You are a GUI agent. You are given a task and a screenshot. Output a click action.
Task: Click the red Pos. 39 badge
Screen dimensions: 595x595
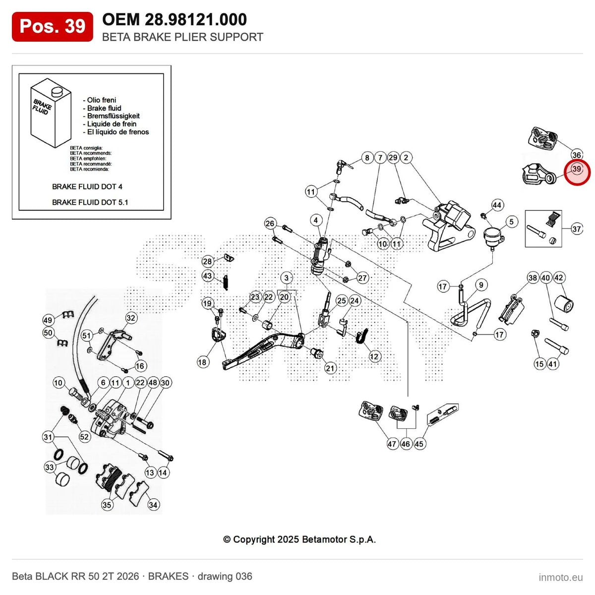coord(52,27)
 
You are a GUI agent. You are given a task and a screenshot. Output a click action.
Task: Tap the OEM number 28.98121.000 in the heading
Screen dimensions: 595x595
coord(196,19)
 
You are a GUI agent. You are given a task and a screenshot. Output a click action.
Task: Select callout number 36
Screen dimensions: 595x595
coord(577,154)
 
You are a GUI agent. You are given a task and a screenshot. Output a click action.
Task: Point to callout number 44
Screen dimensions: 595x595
coord(497,205)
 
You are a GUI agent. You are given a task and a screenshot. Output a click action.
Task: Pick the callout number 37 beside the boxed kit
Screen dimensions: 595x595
coord(577,229)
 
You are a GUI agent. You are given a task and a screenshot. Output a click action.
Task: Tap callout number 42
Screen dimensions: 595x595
coord(559,277)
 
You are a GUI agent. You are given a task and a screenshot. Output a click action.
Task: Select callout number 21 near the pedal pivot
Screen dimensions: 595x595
coord(330,368)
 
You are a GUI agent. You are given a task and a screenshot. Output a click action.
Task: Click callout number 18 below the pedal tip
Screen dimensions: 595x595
coord(203,362)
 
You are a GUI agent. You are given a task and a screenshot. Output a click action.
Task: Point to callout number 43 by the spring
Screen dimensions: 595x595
coord(207,275)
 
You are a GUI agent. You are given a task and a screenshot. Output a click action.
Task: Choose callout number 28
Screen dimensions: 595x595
coord(207,261)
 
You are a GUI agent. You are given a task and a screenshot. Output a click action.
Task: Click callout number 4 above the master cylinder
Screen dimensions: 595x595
coord(315,220)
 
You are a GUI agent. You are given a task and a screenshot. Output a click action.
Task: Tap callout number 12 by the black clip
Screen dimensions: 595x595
coord(374,357)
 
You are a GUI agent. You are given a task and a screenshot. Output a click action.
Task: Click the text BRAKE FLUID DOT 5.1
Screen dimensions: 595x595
coord(90,202)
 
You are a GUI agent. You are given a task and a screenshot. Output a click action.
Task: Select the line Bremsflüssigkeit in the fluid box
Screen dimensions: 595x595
coord(114,116)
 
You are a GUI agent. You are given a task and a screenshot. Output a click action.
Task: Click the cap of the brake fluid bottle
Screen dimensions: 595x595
coord(56,90)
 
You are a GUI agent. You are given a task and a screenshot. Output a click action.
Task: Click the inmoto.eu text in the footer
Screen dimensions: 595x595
coord(561,577)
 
